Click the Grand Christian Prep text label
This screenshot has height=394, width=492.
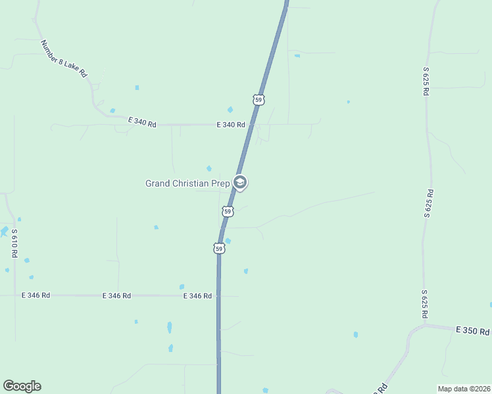pos(187,184)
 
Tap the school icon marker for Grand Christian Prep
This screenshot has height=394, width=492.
pos(240,183)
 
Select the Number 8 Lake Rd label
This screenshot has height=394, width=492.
pos(63,59)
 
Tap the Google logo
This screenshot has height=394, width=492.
pos(22,386)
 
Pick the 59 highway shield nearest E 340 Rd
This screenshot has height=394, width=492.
pos(258,100)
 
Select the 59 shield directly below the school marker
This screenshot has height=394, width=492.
pos(228,211)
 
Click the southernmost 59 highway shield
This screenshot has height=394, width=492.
pos(219,248)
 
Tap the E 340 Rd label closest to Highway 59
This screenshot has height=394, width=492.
pos(231,124)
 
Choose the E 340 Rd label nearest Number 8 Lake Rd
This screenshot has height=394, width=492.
pos(142,122)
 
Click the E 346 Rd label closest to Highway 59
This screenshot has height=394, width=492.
pos(197,296)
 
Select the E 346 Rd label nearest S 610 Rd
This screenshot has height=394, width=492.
pos(36,295)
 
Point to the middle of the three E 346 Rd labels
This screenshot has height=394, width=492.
pos(116,296)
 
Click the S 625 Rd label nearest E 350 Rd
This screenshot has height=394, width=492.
pos(426,304)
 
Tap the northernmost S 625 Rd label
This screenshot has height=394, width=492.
pos(426,81)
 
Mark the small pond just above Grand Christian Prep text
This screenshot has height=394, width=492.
pos(209,169)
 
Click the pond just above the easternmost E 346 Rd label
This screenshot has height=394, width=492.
pos(182,287)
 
